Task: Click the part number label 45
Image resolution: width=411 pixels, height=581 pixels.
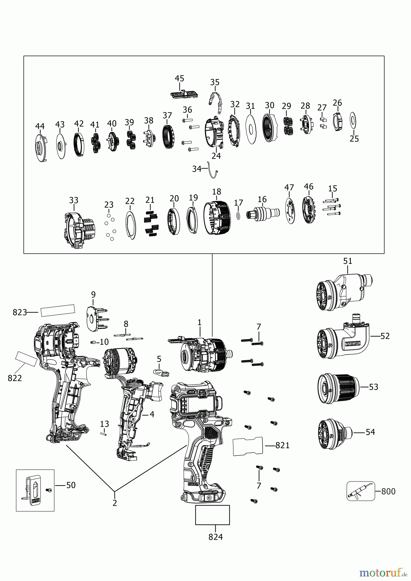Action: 180,78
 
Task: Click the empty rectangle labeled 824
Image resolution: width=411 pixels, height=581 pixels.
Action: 212,515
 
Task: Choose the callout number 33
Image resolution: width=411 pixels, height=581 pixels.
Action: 74,200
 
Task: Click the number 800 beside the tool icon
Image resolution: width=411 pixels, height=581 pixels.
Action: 388,491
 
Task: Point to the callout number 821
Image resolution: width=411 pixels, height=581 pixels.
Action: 282,445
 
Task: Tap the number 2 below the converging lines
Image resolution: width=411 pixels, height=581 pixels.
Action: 115,503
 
